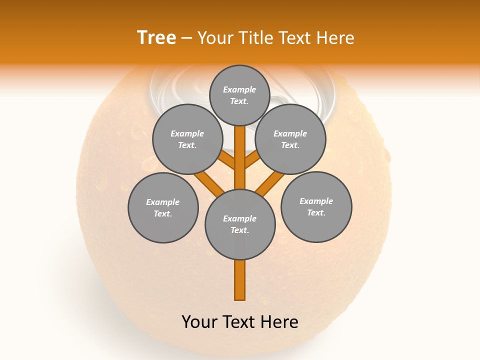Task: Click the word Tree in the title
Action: click(156, 38)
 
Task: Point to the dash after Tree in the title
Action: click(187, 38)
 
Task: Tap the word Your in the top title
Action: click(215, 38)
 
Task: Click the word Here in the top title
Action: click(334, 38)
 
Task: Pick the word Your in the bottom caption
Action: click(199, 322)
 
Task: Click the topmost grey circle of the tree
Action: click(239, 95)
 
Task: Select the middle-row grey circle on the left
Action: click(187, 139)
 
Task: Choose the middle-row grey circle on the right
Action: click(290, 139)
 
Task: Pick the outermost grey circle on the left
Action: click(163, 207)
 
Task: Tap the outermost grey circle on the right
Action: click(316, 206)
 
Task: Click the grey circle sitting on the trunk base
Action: click(240, 224)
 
